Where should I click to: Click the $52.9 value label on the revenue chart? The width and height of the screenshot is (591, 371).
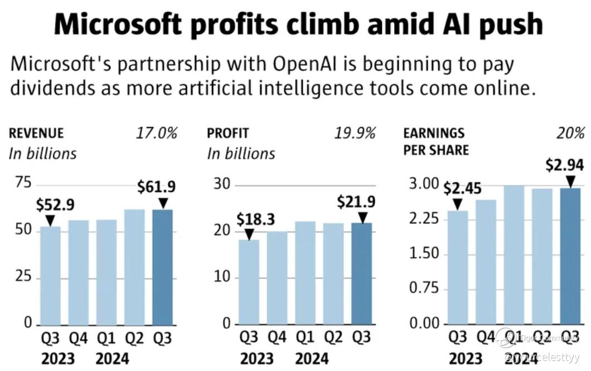pos(55,205)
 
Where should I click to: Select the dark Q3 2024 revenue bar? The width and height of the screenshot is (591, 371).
pos(162,267)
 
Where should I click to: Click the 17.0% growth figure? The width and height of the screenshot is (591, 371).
pos(156,133)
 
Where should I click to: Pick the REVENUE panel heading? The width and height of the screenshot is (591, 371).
pos(36,134)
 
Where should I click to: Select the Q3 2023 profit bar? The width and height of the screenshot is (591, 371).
pos(249,282)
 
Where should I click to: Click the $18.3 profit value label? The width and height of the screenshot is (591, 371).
pos(255,219)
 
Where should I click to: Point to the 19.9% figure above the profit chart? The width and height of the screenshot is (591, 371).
pos(355,133)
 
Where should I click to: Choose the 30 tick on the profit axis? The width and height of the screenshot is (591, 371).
pos(222,184)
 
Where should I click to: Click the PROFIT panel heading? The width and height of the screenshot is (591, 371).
pos(227,134)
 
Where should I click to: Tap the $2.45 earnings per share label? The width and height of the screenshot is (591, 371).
pos(462,189)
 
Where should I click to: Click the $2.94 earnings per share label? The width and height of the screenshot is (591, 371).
pos(565,165)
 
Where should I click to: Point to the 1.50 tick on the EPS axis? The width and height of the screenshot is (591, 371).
pos(424,254)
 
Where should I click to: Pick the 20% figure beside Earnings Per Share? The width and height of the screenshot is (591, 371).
pos(570,133)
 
